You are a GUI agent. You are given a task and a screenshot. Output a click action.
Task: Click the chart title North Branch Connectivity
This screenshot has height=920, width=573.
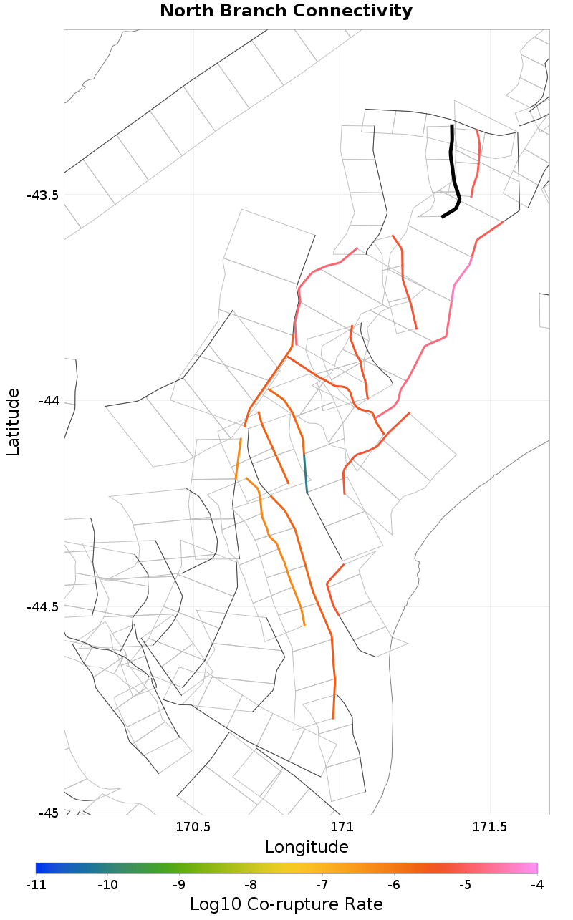click(286, 11)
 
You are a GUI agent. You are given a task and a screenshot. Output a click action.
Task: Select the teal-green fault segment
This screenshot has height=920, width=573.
click(306, 473)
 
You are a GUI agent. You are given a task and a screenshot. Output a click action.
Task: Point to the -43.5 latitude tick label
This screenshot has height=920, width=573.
click(43, 195)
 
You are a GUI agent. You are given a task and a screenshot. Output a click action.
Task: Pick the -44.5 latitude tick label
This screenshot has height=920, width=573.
click(43, 607)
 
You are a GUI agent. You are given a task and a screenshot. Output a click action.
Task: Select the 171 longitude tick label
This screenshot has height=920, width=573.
click(342, 828)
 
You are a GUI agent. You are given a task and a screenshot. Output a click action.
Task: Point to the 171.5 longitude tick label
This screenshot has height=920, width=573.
click(490, 828)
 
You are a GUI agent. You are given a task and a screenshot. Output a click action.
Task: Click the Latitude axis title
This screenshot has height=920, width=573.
click(13, 422)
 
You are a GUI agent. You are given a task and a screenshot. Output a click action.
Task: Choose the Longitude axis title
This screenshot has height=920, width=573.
click(307, 847)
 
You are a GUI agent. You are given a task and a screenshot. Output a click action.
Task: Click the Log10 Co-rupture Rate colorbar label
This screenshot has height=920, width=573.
click(286, 904)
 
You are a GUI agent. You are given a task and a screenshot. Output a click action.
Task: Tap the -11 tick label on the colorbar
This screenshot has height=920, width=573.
click(36, 885)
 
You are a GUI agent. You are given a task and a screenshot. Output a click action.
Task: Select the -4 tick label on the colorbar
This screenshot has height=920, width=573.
click(536, 885)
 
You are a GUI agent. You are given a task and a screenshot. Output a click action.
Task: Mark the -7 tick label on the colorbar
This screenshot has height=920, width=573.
click(322, 885)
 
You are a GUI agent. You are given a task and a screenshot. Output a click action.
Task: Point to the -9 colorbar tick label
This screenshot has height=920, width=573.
click(178, 885)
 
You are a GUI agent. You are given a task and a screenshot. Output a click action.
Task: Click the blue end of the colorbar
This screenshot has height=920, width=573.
click(40, 868)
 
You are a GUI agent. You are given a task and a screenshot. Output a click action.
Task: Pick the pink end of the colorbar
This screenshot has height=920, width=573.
click(532, 868)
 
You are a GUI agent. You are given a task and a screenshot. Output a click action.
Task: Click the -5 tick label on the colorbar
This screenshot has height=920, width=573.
click(465, 885)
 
